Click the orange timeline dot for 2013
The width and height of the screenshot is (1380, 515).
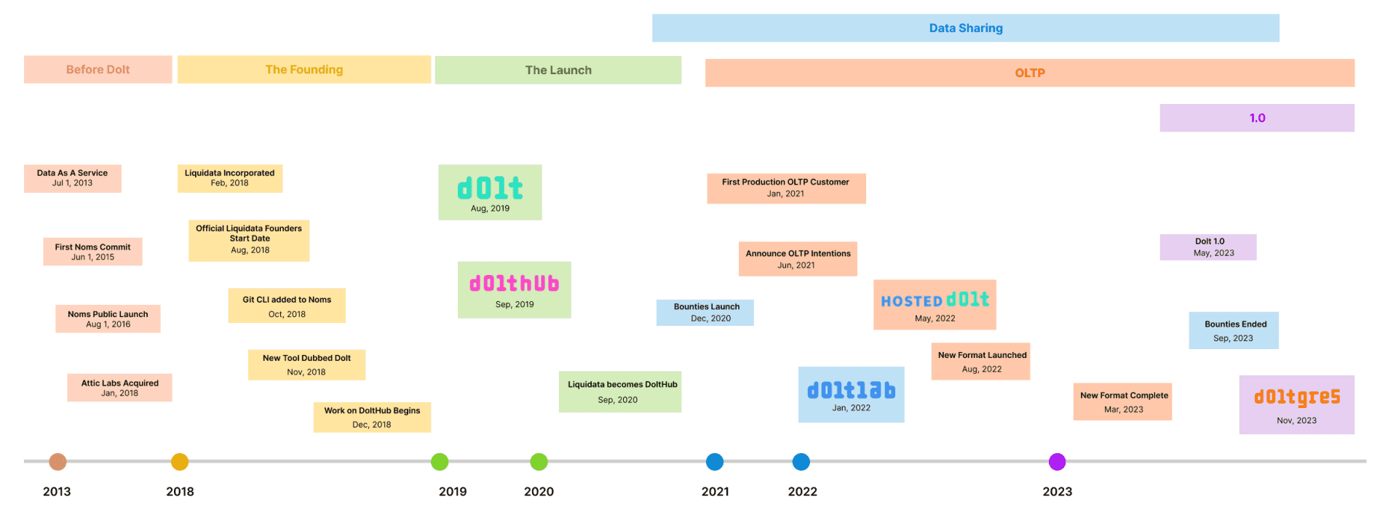[57, 462]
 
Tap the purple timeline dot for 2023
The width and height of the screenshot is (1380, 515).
[1057, 462]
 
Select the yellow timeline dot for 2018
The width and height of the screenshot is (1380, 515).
[180, 462]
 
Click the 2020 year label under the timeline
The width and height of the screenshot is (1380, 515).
[539, 492]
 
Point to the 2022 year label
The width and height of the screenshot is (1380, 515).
[802, 492]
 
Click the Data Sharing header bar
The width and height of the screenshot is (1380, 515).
[965, 28]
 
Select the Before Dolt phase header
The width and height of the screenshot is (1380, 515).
[98, 70]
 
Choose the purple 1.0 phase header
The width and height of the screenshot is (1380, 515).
[1257, 118]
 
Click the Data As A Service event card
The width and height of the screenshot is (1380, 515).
[73, 178]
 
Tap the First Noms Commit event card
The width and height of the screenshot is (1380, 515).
[92, 252]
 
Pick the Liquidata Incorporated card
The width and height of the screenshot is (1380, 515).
[230, 178]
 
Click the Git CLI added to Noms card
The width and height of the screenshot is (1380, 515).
[287, 306]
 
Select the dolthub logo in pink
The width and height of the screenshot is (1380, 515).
[515, 283]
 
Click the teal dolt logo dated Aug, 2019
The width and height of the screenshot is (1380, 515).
[490, 188]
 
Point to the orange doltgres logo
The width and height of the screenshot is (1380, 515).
[1297, 397]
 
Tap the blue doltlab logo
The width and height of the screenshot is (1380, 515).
[852, 391]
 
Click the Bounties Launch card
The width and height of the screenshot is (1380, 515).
[705, 313]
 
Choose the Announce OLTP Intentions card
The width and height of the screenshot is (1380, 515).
[798, 259]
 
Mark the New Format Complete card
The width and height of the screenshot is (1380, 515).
[1122, 402]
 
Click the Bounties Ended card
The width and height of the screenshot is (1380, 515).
[1234, 330]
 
